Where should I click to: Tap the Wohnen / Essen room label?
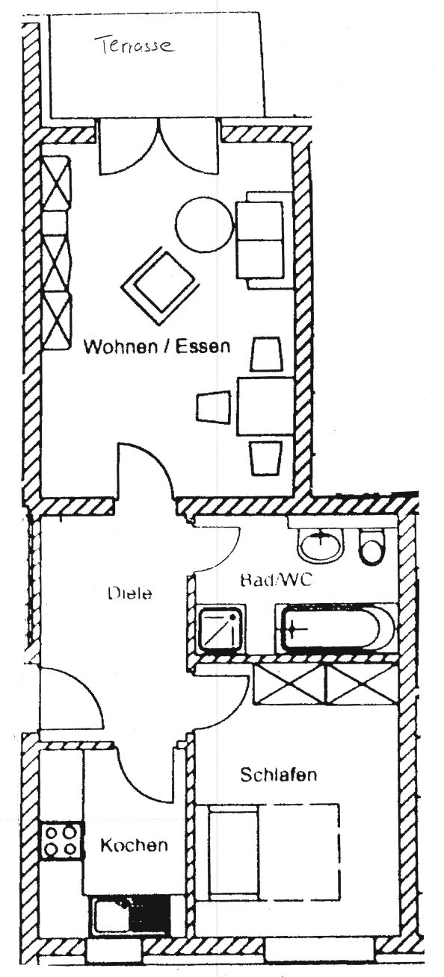[x=157, y=347]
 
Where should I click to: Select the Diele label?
[x=130, y=593]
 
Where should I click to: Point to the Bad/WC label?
[x=277, y=580]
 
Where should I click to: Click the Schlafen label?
[x=279, y=775]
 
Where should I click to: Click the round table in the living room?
[x=205, y=224]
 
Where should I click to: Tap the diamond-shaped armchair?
[x=160, y=287]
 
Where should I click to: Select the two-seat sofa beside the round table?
[x=264, y=240]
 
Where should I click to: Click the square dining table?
[x=265, y=406]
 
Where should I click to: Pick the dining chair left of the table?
[x=213, y=408]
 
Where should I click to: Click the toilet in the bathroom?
[x=372, y=546]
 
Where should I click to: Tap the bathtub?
[x=336, y=629]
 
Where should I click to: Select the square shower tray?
[x=221, y=630]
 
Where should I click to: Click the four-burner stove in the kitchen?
[x=61, y=840]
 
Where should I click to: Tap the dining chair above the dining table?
[x=265, y=354]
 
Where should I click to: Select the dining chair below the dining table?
[x=265, y=458]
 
